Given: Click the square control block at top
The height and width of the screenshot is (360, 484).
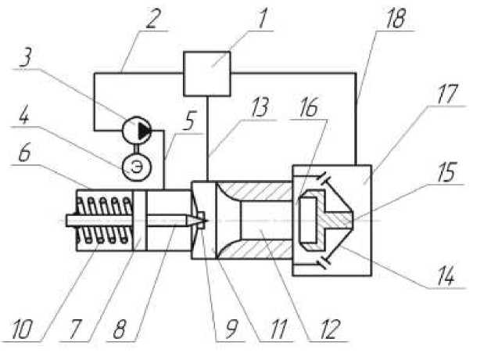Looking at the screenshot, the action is click(206, 73).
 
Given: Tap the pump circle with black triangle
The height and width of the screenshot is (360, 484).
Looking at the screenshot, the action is click(138, 128).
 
